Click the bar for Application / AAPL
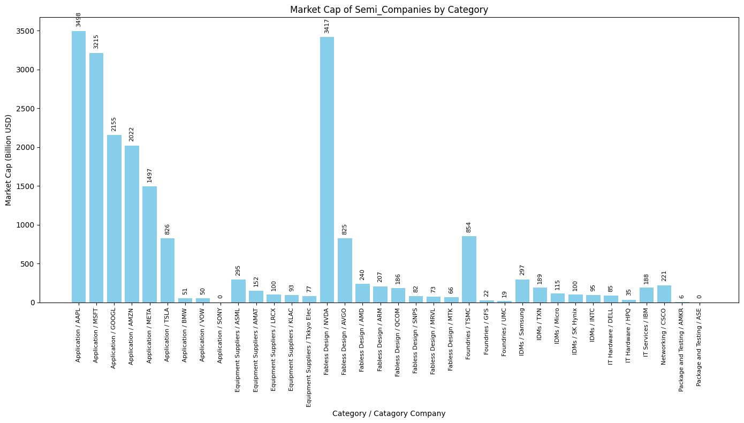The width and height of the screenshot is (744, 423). pos(79,167)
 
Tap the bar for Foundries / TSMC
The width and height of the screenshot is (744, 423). pos(469,269)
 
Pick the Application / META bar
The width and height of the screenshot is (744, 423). pos(149,244)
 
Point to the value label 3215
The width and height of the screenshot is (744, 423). pos(96,42)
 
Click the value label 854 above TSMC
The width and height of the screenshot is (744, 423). pos(469,227)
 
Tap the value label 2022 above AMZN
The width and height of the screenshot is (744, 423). pos(132,134)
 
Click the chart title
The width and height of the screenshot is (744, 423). pos(389,10)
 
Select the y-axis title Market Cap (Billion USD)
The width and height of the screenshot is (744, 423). pos(9,160)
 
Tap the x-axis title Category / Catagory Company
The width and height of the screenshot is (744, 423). pos(389,413)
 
